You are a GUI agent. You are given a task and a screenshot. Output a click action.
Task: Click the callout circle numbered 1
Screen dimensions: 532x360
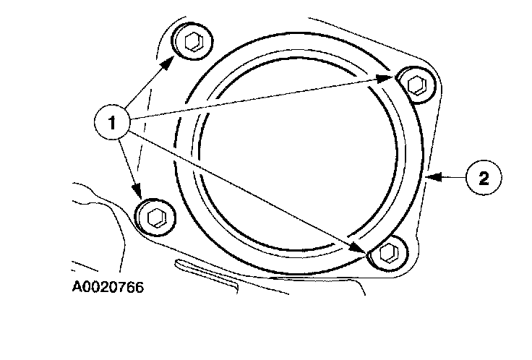pos(111,121)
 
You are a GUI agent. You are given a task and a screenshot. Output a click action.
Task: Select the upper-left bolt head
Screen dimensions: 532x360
pos(192,45)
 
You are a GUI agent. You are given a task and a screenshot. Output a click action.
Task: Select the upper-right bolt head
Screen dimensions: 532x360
pos(416,84)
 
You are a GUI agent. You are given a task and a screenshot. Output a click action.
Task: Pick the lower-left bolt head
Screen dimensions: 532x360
pos(154,215)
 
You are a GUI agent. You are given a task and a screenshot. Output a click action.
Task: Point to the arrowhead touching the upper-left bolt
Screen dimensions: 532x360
pos(167,62)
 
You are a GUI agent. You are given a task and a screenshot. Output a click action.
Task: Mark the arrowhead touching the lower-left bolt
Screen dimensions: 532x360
pos(138,194)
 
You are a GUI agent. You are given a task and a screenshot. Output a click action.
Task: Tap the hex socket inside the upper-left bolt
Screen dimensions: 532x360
pos(193,43)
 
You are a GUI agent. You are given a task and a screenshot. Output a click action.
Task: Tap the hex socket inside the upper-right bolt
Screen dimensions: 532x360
pos(416,84)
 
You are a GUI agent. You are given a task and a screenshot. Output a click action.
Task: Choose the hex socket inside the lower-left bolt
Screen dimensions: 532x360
pos(155,215)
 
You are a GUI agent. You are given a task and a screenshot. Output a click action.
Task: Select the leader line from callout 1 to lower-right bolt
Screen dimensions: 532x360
pos(246,188)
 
